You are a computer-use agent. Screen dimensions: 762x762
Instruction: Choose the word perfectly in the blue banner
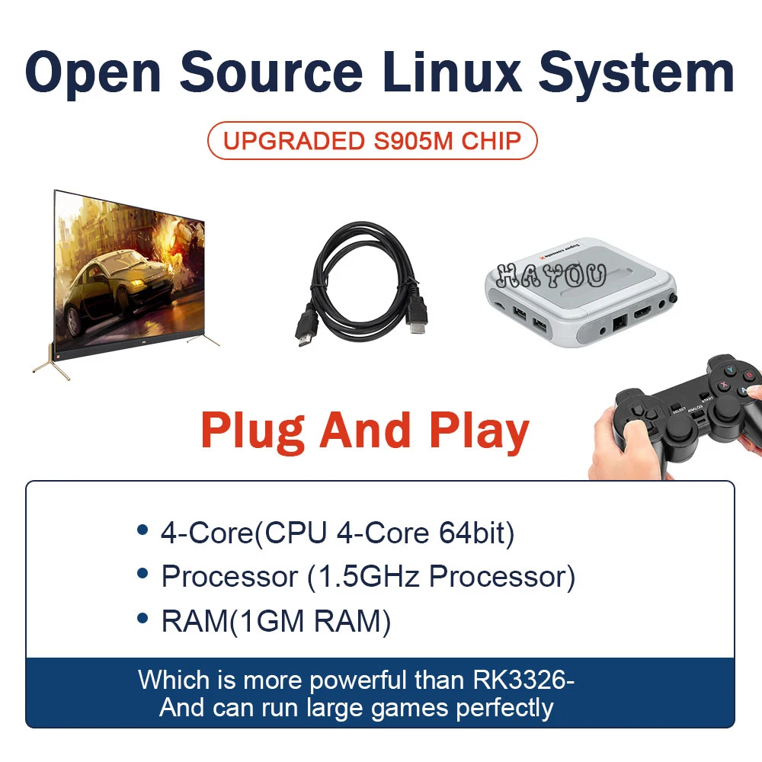point(504,708)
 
